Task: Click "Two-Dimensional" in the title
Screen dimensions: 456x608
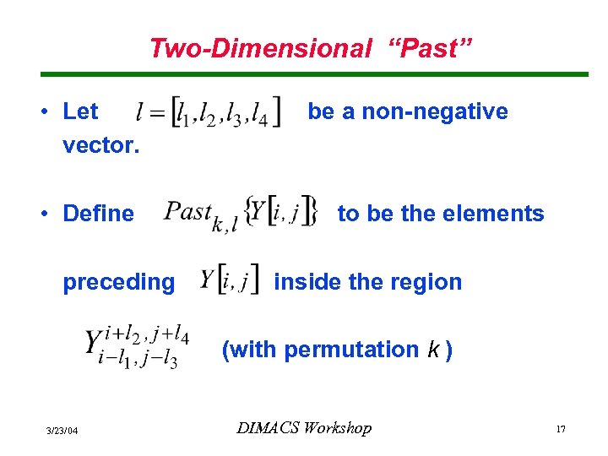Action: tap(260, 48)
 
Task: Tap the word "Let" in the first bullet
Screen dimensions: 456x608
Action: tap(80, 111)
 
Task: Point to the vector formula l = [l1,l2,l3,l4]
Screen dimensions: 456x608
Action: tap(209, 113)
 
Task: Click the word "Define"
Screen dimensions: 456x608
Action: tap(98, 214)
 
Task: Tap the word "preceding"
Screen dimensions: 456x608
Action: tap(118, 282)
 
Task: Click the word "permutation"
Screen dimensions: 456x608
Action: tap(351, 350)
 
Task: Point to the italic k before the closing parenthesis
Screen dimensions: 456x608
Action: tap(432, 350)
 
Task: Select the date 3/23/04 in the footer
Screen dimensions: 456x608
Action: tap(62, 431)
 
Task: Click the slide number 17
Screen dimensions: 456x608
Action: tap(560, 431)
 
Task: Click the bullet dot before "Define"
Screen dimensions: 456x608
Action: tap(52, 214)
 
